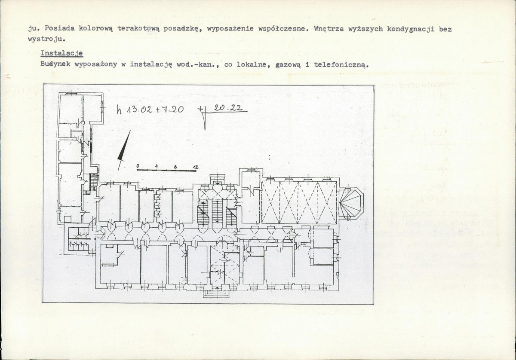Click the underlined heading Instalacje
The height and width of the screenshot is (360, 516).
click(x=61, y=53)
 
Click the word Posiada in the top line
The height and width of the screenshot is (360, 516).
click(x=59, y=28)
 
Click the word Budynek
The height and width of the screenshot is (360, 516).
click(x=55, y=64)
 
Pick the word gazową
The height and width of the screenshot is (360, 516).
click(x=288, y=65)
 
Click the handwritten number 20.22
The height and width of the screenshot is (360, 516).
click(x=228, y=108)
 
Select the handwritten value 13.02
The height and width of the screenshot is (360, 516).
click(x=139, y=110)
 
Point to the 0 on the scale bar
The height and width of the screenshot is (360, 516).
click(x=138, y=166)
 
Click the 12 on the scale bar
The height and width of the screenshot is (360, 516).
click(x=196, y=168)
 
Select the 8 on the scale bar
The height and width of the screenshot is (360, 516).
click(x=175, y=167)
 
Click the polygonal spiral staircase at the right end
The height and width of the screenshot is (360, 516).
click(x=350, y=203)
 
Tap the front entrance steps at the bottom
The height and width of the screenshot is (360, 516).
click(x=217, y=293)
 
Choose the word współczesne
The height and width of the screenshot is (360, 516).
click(x=283, y=29)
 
